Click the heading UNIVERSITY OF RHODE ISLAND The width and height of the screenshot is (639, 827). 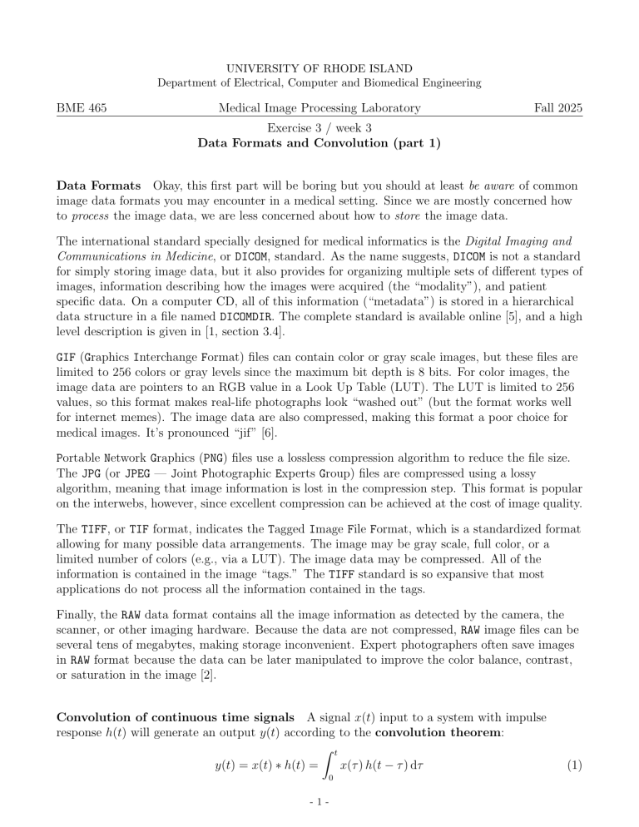tap(319, 66)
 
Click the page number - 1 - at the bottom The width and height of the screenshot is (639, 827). tap(319, 806)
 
